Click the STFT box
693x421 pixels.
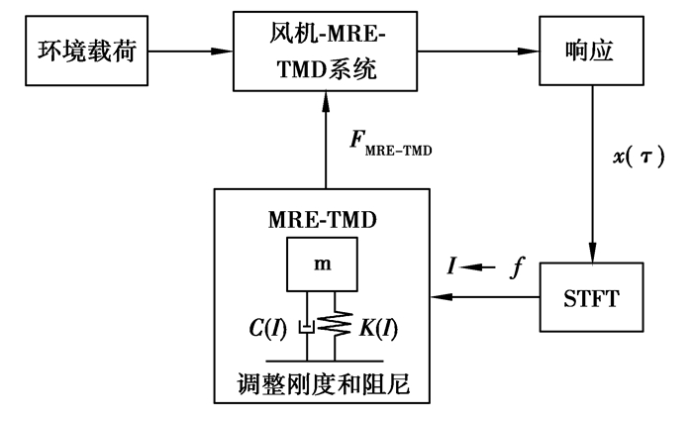(x=590, y=296)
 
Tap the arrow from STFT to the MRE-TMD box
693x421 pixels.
(x=484, y=296)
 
